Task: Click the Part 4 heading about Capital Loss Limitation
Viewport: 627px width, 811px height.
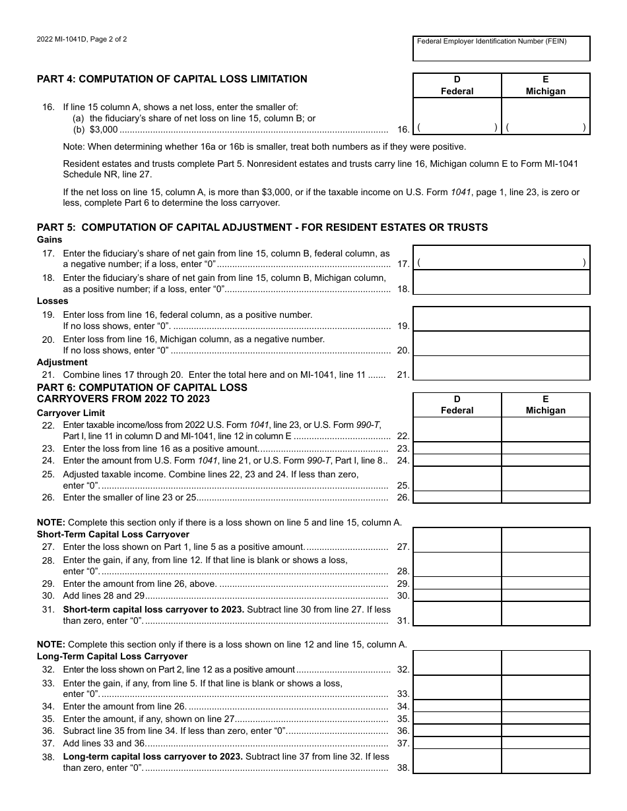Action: point(172,79)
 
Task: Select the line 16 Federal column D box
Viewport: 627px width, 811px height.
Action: point(457,117)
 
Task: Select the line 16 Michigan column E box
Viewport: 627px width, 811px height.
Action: point(546,117)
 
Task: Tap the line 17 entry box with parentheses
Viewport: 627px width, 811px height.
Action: point(501,258)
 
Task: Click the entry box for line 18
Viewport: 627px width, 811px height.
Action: point(501,282)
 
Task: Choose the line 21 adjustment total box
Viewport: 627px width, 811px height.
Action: point(501,368)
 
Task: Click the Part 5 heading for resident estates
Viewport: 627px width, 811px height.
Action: point(262,227)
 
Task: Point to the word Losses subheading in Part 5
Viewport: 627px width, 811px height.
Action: point(52,301)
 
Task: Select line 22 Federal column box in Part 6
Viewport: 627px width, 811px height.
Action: point(457,430)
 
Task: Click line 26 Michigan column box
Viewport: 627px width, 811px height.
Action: point(546,497)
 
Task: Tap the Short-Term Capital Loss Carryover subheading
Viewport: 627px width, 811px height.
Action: point(113,534)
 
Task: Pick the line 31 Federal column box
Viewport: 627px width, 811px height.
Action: point(457,614)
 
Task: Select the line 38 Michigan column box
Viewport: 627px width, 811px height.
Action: point(546,762)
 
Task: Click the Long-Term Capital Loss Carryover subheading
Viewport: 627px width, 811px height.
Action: point(112,656)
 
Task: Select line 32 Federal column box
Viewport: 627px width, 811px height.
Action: point(457,663)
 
